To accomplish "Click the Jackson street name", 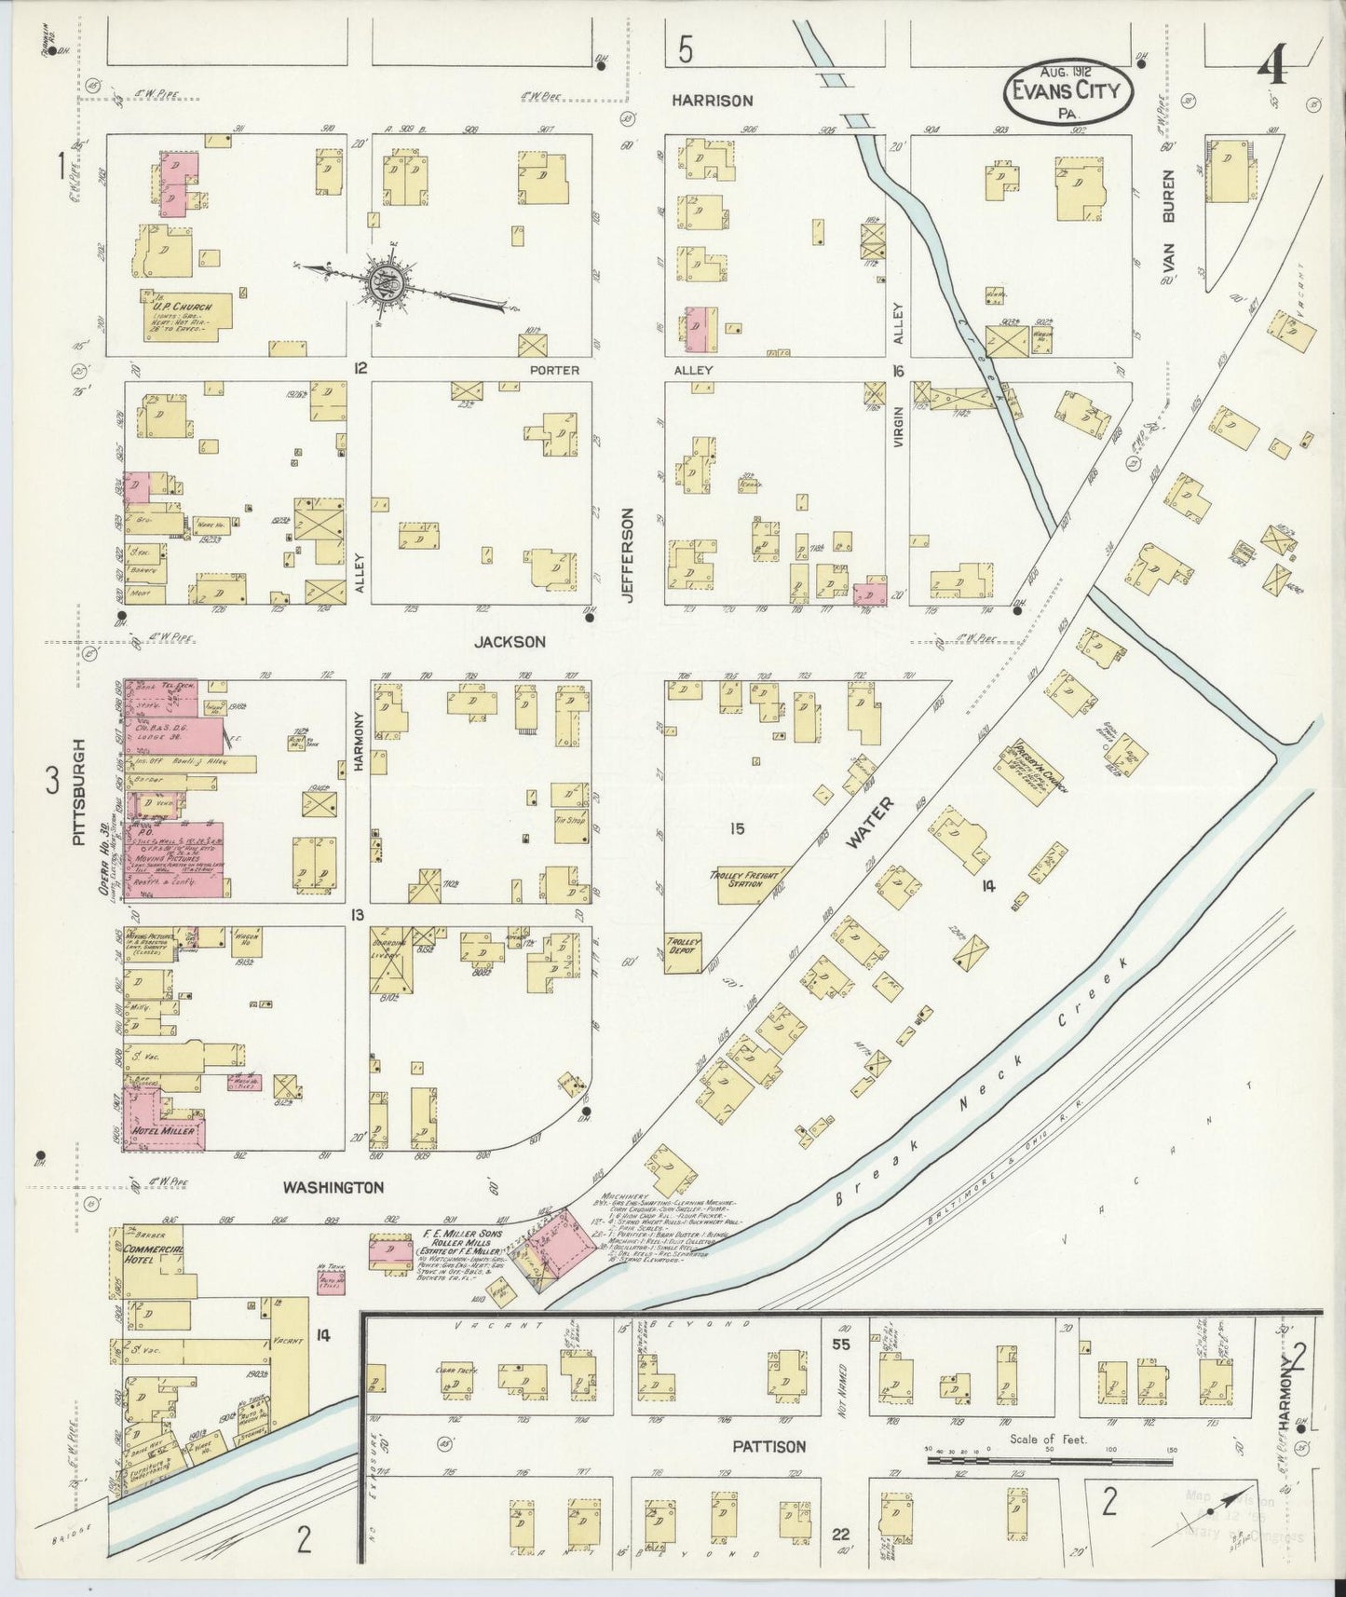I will tap(510, 642).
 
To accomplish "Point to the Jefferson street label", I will tap(628, 554).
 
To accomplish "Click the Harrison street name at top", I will tap(714, 101).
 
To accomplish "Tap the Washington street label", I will tap(333, 1187).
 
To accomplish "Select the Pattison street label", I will tap(768, 1447).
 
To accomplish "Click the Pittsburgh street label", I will tap(79, 792).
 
